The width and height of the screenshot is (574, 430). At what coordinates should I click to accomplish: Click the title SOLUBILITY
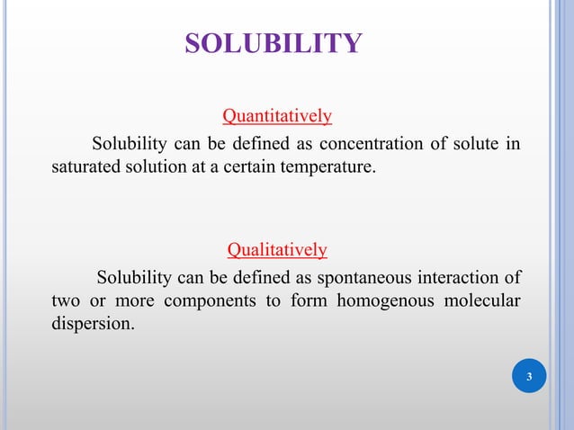click(x=274, y=42)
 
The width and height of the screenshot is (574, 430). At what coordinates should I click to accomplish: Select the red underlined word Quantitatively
click(x=277, y=116)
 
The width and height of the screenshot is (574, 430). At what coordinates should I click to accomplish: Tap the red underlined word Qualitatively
click(x=277, y=248)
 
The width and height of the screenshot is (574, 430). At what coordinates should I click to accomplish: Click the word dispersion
click(x=93, y=323)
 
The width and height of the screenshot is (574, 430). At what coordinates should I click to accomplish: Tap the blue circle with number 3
click(x=529, y=376)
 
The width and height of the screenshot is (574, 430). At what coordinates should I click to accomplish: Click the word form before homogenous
click(x=308, y=300)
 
